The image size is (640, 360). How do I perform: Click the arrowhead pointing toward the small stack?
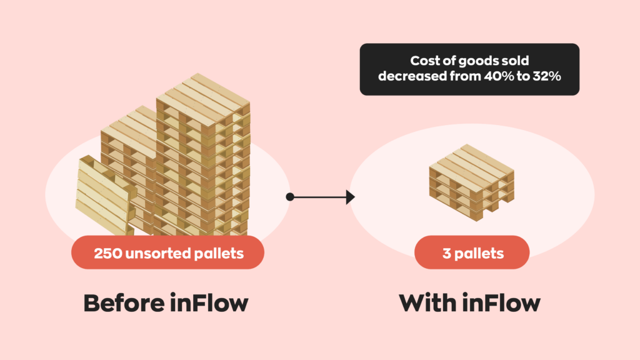(x=350, y=197)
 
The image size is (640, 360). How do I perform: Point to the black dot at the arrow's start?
(x=290, y=197)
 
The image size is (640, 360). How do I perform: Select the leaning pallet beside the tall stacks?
(x=104, y=194)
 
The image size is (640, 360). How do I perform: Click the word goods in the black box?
(x=477, y=61)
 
